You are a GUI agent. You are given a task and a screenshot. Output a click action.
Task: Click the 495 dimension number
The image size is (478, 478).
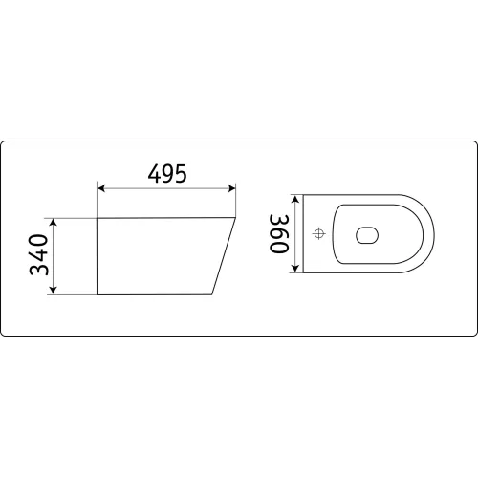(x=167, y=174)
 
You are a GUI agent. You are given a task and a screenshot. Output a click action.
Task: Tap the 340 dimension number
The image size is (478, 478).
(x=39, y=254)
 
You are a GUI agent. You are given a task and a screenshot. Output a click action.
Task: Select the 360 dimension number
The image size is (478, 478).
(x=279, y=233)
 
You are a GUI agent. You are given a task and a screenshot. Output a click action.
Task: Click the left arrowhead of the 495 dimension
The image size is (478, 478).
(x=101, y=188)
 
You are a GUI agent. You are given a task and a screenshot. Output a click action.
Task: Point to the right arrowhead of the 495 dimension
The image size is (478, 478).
(x=231, y=188)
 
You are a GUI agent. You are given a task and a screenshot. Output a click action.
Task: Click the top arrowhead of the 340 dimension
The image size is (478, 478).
(x=54, y=222)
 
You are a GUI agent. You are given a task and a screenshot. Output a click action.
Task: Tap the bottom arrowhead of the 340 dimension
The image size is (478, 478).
(x=54, y=290)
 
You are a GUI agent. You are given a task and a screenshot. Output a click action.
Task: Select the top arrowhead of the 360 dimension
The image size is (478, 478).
(x=295, y=199)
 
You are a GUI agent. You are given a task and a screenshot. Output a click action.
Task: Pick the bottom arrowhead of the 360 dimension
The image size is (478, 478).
(x=295, y=269)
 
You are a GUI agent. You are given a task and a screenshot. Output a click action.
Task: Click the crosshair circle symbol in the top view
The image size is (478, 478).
(x=318, y=234)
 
